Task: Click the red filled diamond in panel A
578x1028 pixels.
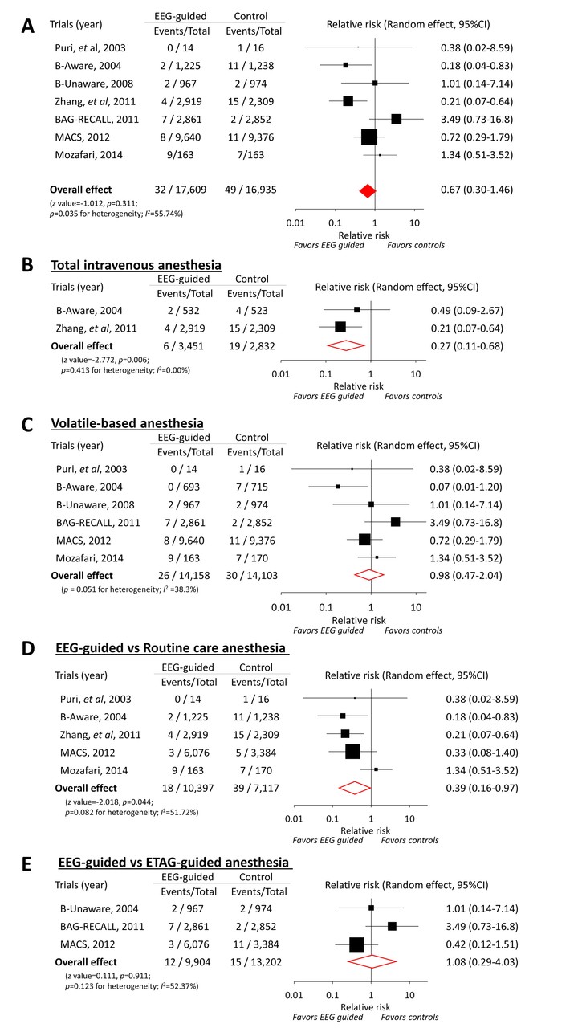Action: (367, 190)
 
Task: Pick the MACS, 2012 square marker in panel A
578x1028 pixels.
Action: (369, 137)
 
